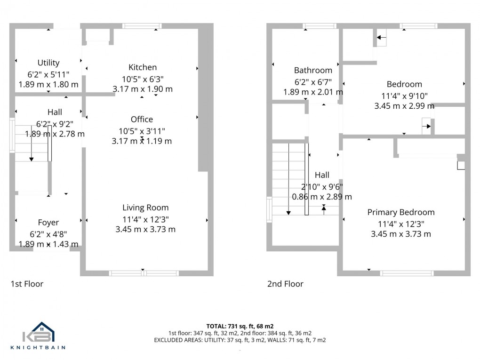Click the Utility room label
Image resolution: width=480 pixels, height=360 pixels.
tap(48, 63)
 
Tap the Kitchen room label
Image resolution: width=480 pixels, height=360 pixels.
tap(143, 67)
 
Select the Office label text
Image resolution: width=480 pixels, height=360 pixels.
tap(142, 119)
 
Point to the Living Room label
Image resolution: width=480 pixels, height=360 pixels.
tap(145, 208)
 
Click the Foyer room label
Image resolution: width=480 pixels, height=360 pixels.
tap(48, 223)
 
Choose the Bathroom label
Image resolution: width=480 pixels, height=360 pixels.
tap(313, 70)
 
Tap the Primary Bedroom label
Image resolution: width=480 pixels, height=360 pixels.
tap(401, 212)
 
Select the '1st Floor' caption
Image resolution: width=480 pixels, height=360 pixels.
tap(27, 284)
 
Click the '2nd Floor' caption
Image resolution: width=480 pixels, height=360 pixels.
tap(285, 284)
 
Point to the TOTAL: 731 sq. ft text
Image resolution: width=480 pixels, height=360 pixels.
tap(240, 326)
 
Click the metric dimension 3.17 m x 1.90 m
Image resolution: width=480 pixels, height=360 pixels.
tap(143, 88)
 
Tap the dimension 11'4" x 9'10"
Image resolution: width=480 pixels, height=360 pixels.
tap(404, 96)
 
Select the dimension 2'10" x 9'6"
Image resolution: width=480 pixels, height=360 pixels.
tap(322, 186)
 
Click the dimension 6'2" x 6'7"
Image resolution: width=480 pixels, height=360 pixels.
tap(313, 81)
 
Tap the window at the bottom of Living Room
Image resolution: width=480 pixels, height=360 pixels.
tap(144, 273)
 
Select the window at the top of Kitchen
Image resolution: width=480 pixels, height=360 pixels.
tap(142, 26)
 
